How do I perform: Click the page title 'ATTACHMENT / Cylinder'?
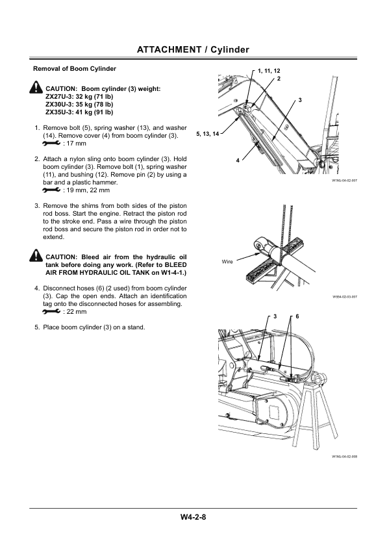(193, 49)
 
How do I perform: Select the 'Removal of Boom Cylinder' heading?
(70, 68)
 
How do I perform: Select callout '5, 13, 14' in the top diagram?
(207, 133)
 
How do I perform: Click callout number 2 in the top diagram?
(278, 79)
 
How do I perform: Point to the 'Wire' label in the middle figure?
(227, 262)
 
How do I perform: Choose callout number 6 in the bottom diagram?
(297, 316)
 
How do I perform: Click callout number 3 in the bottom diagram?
(275, 316)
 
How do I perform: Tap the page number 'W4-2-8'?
(193, 518)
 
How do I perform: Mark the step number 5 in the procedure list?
(36, 327)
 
